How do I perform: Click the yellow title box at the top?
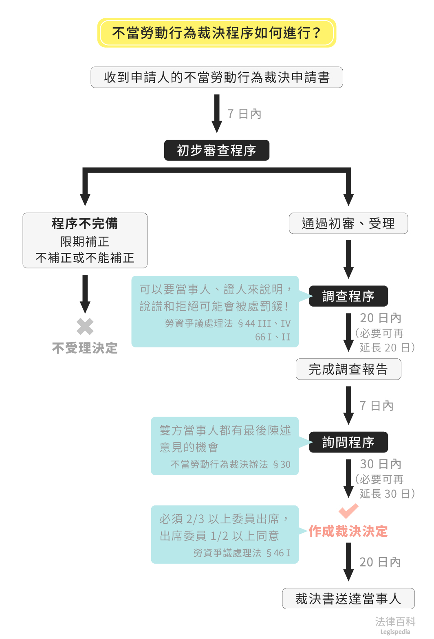click(x=216, y=33)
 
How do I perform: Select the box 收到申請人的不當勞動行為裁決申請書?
click(x=216, y=77)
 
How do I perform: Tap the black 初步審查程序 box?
click(x=216, y=150)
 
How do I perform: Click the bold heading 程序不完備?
click(x=85, y=224)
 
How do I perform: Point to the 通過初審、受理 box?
click(x=348, y=223)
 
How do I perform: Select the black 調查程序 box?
click(x=348, y=296)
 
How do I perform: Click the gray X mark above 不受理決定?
click(x=85, y=326)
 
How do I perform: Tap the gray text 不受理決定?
click(x=85, y=348)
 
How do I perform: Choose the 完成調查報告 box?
click(x=348, y=369)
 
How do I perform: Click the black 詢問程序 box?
click(x=348, y=442)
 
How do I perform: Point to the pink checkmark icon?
click(x=348, y=511)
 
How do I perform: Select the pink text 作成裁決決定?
click(x=348, y=531)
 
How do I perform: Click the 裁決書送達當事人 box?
click(x=348, y=598)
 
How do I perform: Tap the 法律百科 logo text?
click(x=395, y=621)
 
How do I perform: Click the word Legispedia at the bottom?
click(x=395, y=632)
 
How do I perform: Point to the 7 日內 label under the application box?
click(x=244, y=114)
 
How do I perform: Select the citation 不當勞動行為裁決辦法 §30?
click(x=230, y=464)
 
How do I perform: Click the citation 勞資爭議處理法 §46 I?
click(x=242, y=553)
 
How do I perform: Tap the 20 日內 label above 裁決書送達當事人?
click(x=380, y=562)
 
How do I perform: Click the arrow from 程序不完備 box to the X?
click(x=85, y=293)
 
